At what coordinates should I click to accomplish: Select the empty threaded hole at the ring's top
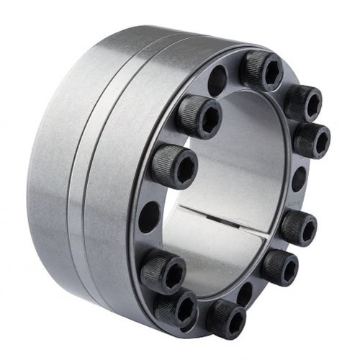tap(217, 81)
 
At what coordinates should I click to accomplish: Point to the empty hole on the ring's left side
tap(149, 216)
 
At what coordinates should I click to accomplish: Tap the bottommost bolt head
tap(226, 317)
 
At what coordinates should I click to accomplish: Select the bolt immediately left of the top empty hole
tap(199, 116)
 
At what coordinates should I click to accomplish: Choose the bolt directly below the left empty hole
tap(162, 272)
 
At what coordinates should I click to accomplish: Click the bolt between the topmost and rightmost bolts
tap(303, 102)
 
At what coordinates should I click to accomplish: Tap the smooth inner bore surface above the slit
tap(230, 166)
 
